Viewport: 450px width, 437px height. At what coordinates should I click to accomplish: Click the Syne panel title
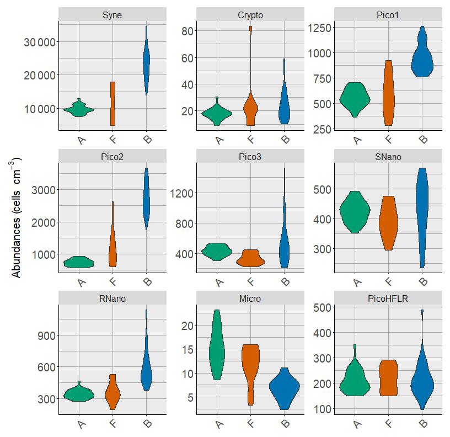(x=113, y=14)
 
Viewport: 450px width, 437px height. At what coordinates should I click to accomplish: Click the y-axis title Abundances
(x=17, y=218)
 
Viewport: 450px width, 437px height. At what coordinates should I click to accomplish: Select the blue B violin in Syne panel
(x=146, y=61)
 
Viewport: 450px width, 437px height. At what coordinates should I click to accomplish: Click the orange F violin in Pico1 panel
(x=389, y=94)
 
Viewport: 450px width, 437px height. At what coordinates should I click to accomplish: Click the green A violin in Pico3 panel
(x=217, y=252)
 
